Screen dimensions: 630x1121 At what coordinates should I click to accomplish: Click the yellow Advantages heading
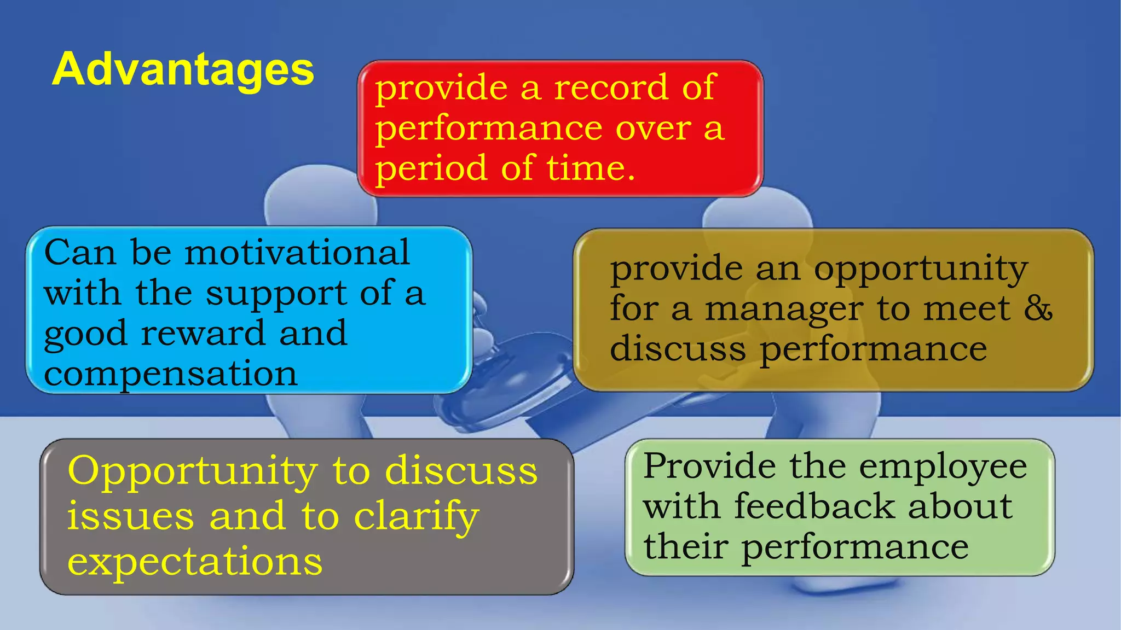[x=183, y=70]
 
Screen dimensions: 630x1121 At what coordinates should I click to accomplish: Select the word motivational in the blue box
[x=297, y=253]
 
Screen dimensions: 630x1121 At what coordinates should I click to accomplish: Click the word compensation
[x=170, y=375]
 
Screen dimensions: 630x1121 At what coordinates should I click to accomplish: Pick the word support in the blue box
[x=276, y=294]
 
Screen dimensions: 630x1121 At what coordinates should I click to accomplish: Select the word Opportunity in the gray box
[x=192, y=471]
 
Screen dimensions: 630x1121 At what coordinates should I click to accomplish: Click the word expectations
[x=194, y=562]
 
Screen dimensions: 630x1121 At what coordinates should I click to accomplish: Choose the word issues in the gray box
[x=130, y=517]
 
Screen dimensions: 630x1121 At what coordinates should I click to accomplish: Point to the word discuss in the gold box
[x=678, y=349]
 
